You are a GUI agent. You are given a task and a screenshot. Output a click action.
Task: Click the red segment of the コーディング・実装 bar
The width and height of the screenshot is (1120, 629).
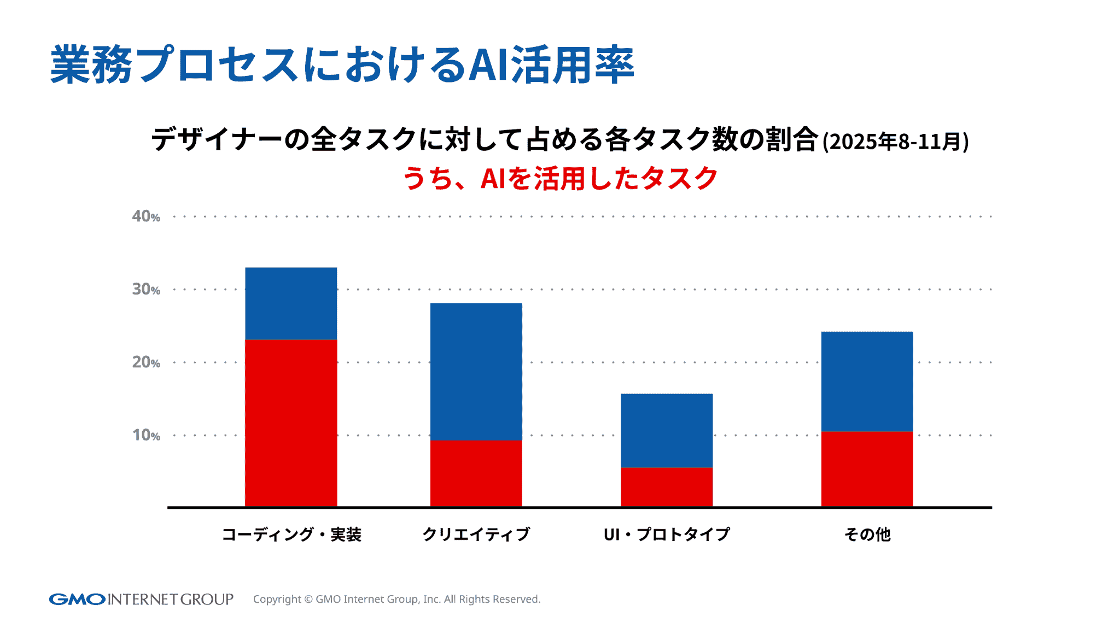pos(291,423)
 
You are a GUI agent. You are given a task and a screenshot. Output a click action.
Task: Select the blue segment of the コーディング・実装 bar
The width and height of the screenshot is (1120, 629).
pos(291,303)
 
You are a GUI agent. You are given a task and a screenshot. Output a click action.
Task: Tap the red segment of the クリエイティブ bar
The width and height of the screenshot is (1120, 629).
pos(476,473)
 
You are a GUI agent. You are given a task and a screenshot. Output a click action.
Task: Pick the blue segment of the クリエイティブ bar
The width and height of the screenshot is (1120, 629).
pos(476,372)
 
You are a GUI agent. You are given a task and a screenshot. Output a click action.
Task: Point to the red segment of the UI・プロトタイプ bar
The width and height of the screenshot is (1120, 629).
pos(667,487)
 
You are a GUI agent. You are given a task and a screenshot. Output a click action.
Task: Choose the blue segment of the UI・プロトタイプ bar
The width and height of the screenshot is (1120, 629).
pos(667,431)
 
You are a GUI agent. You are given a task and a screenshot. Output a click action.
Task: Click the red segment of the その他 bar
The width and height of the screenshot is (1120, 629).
pos(867,469)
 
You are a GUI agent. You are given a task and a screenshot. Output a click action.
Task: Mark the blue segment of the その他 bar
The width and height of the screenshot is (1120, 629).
pos(867,381)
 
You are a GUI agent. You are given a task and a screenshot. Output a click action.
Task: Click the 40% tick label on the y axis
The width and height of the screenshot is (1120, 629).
pos(146,216)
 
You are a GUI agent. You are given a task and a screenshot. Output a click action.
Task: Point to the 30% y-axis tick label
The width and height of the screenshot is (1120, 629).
pos(146,289)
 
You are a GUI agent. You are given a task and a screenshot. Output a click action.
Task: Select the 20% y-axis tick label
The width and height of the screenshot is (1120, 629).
pos(146,362)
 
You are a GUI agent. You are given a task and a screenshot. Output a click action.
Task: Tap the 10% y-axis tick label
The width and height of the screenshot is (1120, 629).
pos(146,435)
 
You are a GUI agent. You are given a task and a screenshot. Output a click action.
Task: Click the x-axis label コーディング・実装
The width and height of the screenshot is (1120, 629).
pos(291,534)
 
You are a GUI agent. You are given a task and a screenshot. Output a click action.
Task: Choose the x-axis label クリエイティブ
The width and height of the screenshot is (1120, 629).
pos(476,534)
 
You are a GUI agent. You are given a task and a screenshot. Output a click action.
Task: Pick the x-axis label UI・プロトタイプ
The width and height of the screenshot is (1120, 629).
pos(667,534)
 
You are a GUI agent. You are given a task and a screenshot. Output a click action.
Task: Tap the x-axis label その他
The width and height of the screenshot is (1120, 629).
pos(867,534)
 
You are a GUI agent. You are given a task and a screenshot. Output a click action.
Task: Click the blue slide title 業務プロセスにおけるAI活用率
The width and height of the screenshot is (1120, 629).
pos(342,65)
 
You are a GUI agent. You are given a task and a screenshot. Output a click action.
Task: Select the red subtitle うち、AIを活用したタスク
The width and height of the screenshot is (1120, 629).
pos(560,178)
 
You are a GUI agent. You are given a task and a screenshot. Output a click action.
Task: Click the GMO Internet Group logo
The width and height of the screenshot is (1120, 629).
pos(141,599)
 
